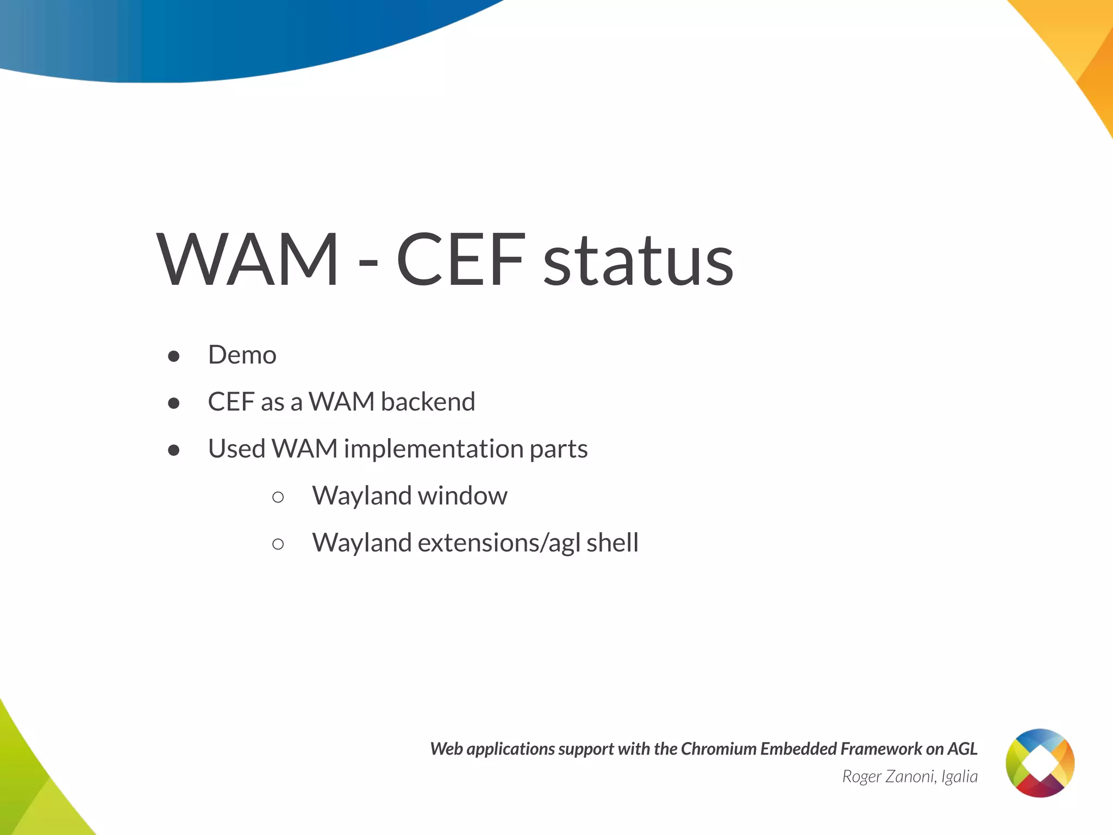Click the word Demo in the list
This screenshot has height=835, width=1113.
[242, 355]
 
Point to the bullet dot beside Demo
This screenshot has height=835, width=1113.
[174, 356]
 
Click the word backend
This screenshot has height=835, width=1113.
[428, 402]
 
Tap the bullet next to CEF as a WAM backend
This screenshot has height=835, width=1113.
[174, 403]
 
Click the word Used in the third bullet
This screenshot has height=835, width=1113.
[236, 449]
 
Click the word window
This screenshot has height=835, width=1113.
[462, 496]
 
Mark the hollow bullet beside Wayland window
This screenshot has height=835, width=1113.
[278, 497]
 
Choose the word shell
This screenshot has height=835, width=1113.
[612, 543]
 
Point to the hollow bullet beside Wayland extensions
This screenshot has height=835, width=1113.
[278, 544]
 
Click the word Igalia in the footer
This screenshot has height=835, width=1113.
[959, 777]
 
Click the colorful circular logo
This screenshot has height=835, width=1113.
[1040, 763]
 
